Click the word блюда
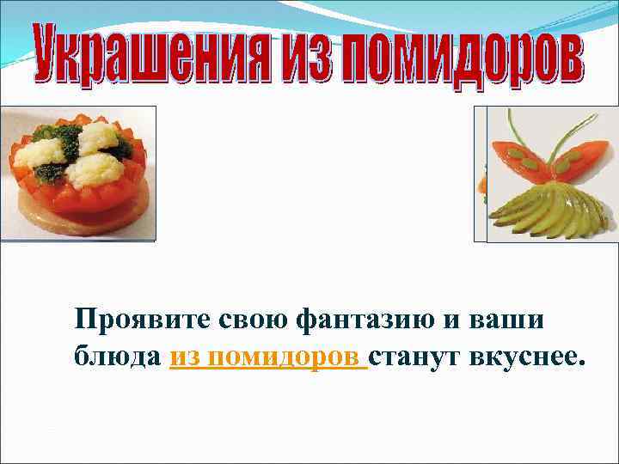pyautogui.click(x=117, y=357)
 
